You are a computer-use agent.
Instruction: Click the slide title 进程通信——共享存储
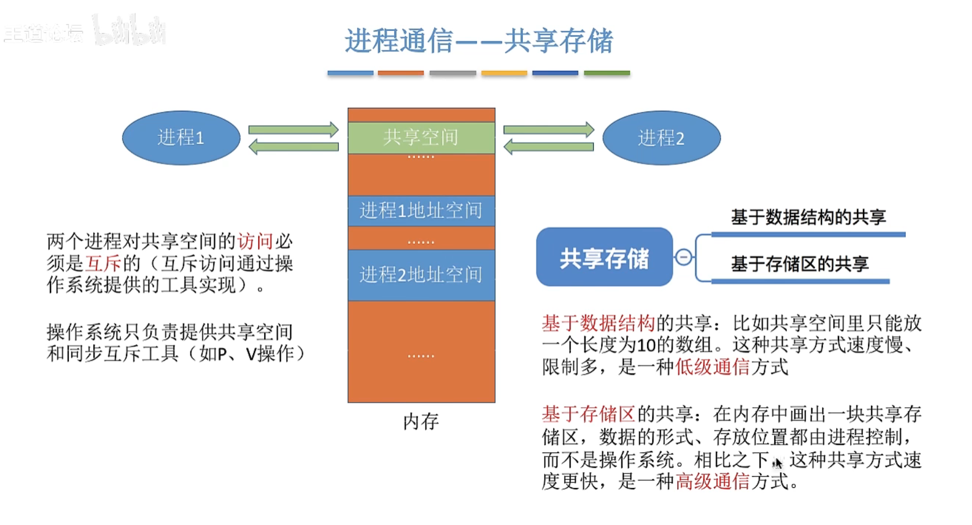[479, 41]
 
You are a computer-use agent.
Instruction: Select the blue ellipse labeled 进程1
[181, 138]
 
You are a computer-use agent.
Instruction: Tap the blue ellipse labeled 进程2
[661, 138]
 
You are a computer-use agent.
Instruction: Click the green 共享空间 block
[421, 138]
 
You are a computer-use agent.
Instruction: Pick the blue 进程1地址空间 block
[421, 210]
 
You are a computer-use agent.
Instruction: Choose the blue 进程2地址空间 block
[421, 274]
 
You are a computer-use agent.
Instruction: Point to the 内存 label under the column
[421, 421]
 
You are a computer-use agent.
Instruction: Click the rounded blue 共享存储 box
[604, 257]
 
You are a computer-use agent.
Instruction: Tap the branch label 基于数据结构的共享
[808, 217]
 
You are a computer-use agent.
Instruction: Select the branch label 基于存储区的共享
[800, 264]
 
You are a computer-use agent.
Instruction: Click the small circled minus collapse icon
[684, 257]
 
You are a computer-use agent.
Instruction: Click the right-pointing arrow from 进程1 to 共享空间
[294, 130]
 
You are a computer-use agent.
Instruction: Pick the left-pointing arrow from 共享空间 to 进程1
[294, 147]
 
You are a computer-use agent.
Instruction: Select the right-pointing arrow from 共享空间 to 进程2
[548, 130]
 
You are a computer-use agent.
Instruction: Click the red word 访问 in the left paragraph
[255, 241]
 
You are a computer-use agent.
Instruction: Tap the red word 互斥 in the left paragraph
[103, 263]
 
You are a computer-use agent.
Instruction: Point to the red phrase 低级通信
[712, 367]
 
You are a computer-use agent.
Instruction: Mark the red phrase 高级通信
[712, 481]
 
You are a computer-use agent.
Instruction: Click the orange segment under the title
[400, 73]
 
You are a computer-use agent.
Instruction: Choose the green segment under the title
[606, 73]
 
